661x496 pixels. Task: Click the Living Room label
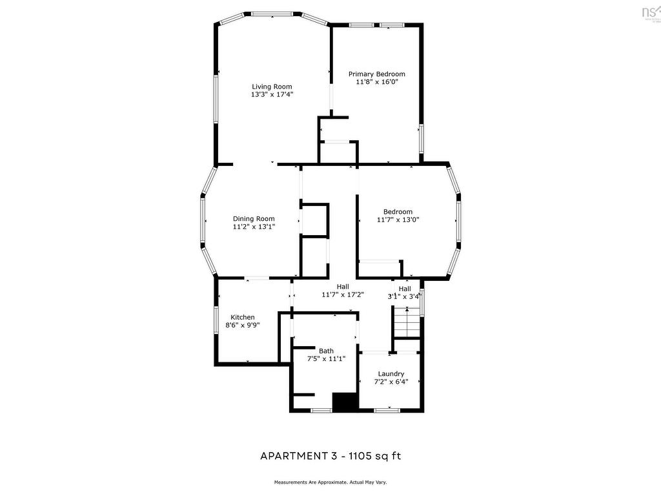pos(272,87)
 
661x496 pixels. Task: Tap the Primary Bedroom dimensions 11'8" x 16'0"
pos(377,82)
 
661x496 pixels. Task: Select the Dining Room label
pos(254,219)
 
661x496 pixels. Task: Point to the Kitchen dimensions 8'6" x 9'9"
pos(243,325)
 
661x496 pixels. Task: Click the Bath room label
pos(326,351)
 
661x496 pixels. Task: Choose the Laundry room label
pos(391,373)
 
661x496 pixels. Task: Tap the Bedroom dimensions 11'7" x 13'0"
pos(398,220)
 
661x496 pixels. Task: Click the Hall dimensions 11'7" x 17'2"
pos(343,294)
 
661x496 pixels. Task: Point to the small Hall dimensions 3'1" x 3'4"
pos(404,296)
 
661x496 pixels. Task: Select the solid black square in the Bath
pos(345,401)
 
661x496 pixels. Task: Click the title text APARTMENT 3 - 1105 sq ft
pos(330,456)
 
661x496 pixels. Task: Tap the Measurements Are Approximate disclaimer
pos(330,482)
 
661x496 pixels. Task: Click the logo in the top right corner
pos(649,12)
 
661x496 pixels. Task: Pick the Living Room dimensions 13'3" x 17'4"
pos(272,94)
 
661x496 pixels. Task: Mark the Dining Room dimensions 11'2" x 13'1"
pos(254,227)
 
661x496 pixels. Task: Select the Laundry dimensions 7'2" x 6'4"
pos(391,381)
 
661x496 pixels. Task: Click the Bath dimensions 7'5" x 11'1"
pos(326,358)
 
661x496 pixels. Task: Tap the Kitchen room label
pos(243,317)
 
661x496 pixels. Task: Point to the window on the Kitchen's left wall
pos(216,319)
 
